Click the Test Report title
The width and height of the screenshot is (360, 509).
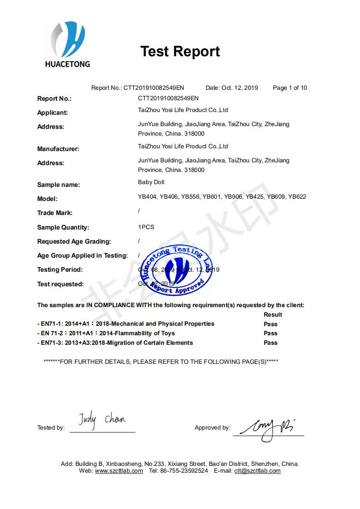[180, 51]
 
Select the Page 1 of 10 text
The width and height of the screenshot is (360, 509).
[290, 88]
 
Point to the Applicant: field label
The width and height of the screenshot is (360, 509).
[53, 113]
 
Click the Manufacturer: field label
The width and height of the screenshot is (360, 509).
[58, 149]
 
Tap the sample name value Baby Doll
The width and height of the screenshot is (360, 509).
[151, 182]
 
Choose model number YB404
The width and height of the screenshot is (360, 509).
[147, 197]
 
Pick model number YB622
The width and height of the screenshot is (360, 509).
[297, 197]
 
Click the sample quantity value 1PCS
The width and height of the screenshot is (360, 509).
[146, 227]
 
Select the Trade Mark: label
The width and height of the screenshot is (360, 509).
[54, 213]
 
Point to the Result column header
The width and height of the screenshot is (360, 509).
[273, 314]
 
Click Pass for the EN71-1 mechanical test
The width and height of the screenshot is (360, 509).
[271, 324]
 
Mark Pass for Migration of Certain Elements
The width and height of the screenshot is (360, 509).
[271, 343]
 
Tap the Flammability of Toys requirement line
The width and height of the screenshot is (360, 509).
[106, 333]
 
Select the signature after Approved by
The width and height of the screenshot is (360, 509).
[268, 425]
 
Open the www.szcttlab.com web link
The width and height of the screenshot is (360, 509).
[119, 471]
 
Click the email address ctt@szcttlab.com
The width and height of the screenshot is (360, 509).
[257, 471]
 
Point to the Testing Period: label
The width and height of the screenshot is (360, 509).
[60, 269]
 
